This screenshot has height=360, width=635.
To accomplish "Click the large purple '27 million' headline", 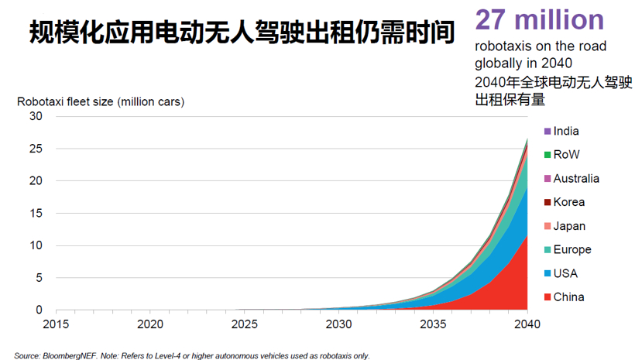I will point(539,19).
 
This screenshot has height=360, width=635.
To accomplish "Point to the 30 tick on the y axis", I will point(36,116).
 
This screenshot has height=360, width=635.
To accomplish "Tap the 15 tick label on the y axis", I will point(36,213).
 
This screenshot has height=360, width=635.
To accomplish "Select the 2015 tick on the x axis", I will point(56,323).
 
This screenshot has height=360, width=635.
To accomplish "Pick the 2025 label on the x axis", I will point(244,323).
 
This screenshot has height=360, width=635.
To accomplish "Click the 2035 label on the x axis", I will point(432,323).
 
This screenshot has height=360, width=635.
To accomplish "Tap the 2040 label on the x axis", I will point(527,323).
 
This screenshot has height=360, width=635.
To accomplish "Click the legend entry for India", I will point(565,132).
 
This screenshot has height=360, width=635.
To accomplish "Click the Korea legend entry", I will point(568,203).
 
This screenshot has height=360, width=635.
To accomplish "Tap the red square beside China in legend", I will point(547,297).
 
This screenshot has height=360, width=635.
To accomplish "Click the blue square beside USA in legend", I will point(547,274).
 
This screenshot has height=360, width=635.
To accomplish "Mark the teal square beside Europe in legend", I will point(547,250).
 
